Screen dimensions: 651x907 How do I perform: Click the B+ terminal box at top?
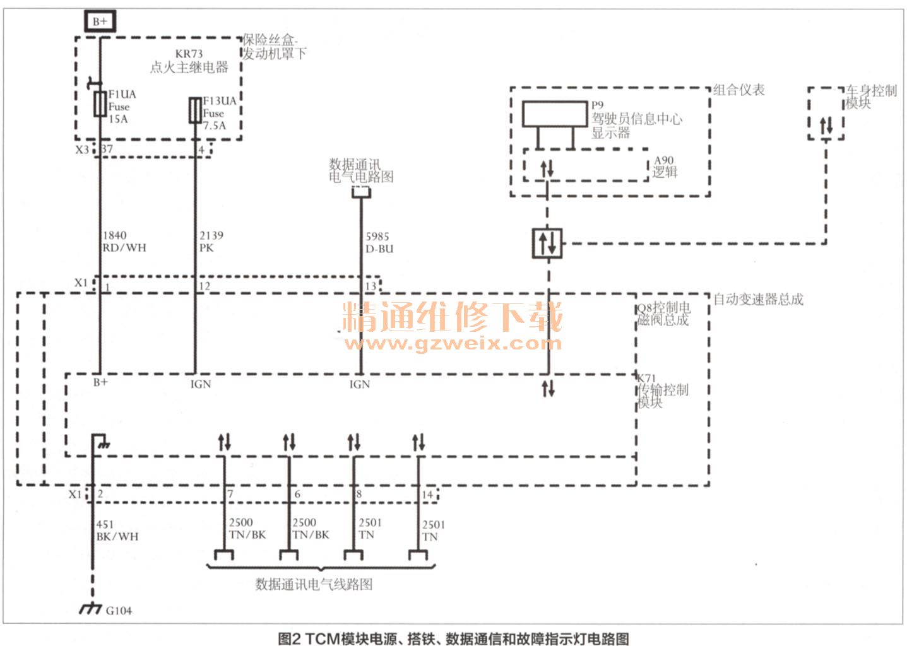click(x=100, y=21)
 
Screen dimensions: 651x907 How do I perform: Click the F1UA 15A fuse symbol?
click(x=100, y=105)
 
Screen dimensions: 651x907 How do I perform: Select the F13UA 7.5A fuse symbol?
click(x=195, y=110)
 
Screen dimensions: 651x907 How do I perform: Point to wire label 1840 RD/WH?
click(x=124, y=242)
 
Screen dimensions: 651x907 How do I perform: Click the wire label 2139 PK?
click(x=211, y=242)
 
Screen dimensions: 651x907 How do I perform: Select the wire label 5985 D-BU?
click(x=379, y=243)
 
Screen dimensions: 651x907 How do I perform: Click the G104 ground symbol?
click(x=91, y=609)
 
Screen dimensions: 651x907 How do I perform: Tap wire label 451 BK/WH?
click(x=117, y=531)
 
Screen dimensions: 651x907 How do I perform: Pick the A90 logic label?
click(x=664, y=167)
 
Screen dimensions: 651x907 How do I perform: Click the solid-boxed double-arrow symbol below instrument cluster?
click(x=547, y=243)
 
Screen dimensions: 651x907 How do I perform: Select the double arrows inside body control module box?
click(x=826, y=126)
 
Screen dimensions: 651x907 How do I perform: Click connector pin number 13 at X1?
click(x=371, y=286)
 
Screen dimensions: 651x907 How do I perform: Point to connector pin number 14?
click(x=427, y=495)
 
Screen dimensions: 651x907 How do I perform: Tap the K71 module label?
click(x=662, y=390)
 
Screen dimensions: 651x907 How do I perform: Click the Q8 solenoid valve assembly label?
click(x=663, y=314)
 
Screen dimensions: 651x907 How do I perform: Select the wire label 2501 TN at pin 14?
click(x=434, y=531)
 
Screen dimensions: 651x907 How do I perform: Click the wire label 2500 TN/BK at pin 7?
click(x=247, y=529)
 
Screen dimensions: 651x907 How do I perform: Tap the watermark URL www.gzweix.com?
click(x=453, y=344)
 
